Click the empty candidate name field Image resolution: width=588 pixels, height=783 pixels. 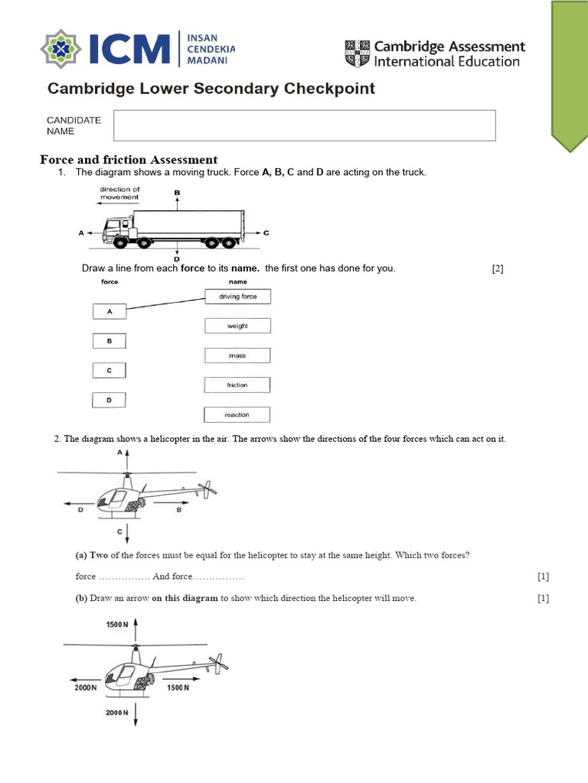tap(304, 125)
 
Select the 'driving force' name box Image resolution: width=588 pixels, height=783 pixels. tap(237, 297)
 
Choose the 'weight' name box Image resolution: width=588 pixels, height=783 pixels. tap(237, 326)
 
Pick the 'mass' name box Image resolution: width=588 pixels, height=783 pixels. tap(237, 356)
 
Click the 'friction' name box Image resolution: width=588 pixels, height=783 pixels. tap(237, 385)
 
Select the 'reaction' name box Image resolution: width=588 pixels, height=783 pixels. tap(237, 414)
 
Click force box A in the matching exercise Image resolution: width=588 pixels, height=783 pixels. tap(109, 311)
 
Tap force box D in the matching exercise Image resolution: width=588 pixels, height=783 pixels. tap(109, 399)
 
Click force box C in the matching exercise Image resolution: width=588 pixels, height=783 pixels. tap(109, 370)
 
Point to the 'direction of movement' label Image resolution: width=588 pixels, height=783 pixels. tap(120, 193)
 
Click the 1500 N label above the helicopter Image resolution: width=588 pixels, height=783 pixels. tap(116, 625)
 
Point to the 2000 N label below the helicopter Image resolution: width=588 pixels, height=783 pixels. tap(116, 713)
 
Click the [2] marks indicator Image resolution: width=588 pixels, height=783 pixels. tap(498, 268)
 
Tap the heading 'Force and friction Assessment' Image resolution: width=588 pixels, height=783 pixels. tap(129, 160)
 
